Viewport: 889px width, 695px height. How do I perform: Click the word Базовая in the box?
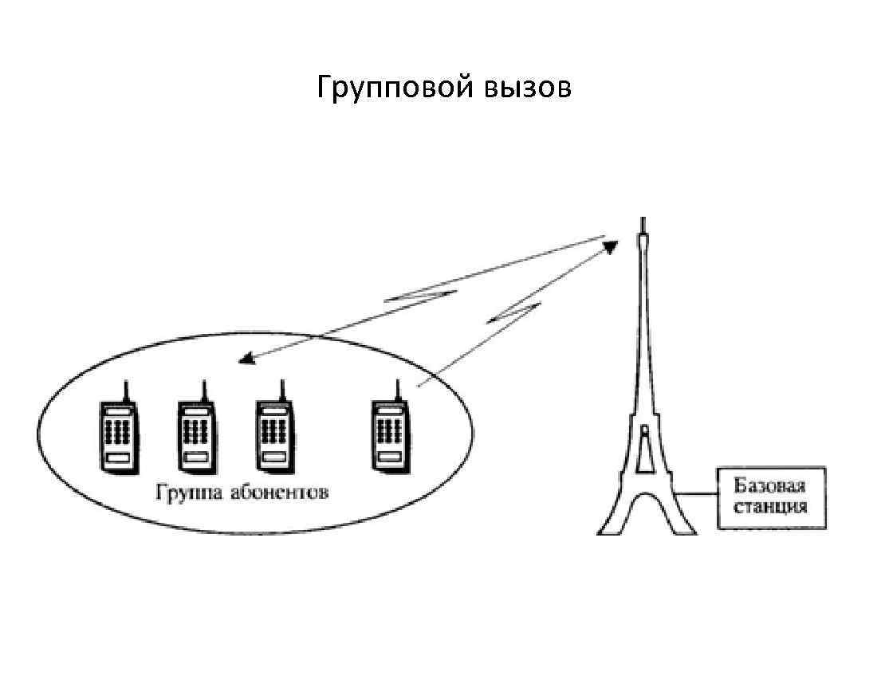pos(770,486)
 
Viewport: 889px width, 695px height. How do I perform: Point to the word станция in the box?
pos(770,506)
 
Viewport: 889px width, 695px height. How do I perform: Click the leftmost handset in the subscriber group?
pos(117,434)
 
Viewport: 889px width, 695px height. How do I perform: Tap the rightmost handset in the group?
pos(390,434)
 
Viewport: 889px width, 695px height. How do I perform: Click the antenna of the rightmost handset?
pos(396,389)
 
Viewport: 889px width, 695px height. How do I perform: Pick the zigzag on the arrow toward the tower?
pos(514,312)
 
